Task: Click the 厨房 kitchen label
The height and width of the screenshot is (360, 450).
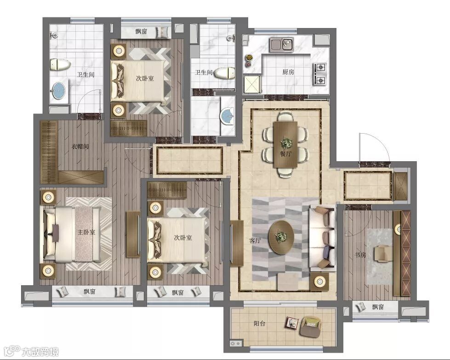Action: [x=288, y=72]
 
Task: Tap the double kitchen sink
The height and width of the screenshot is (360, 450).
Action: [x=281, y=45]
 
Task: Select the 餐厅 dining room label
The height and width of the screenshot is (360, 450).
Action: [x=285, y=154]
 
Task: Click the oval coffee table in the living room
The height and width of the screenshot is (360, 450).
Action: [x=281, y=237]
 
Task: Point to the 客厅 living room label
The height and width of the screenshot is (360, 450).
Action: [x=255, y=241]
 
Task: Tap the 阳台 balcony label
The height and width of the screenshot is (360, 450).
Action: [x=259, y=324]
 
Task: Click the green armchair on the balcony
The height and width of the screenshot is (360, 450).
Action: [x=310, y=326]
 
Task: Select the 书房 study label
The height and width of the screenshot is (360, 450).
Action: [x=360, y=254]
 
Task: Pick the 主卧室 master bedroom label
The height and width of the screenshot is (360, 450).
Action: [x=86, y=232]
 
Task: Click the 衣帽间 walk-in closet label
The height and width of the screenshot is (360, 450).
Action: [x=80, y=147]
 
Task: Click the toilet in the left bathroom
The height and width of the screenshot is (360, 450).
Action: [x=60, y=65]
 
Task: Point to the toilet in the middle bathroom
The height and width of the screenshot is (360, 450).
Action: [x=225, y=73]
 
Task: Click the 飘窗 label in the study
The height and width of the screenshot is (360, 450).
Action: [x=378, y=307]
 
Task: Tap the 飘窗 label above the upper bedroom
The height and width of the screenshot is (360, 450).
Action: [x=141, y=31]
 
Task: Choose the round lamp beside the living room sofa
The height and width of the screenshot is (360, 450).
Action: [x=319, y=281]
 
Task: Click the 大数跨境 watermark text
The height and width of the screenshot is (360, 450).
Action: [x=40, y=351]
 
